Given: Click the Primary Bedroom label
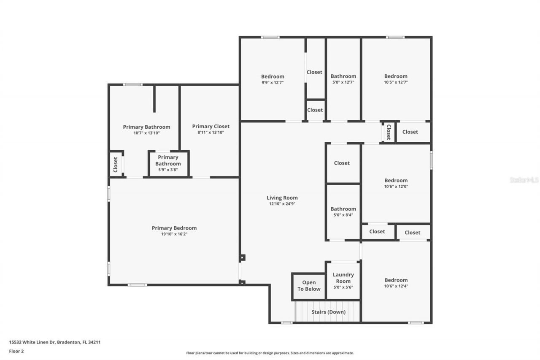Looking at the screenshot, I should point(174,228).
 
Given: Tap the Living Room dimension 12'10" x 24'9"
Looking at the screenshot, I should point(282,203).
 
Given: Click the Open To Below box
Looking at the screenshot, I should point(309,286).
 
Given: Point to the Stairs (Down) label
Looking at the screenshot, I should point(328,312).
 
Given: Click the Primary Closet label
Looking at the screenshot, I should point(211,126).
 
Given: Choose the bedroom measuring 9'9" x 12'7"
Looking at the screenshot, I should point(273,79).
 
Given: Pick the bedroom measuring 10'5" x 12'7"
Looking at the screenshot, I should point(396,79).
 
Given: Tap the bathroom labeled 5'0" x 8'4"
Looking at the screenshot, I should point(343,211).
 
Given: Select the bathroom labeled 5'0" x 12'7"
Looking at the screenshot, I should point(343,79).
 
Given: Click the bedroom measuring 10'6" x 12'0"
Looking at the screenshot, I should point(396,183).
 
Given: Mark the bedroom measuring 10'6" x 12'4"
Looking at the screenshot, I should point(396,283).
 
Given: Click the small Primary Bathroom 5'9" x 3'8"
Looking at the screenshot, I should point(168,163).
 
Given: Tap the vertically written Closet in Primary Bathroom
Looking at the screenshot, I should point(116,165).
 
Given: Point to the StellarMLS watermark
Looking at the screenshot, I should point(524,180).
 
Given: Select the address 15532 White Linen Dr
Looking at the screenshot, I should point(54,342).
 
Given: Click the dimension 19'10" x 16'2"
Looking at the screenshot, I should point(174,234).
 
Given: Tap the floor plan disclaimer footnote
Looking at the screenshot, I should point(270,353).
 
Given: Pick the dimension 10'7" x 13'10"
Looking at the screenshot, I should point(146,133).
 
